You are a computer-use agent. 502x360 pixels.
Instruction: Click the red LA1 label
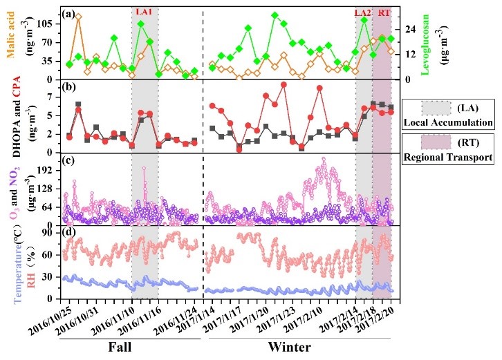coord(145,12)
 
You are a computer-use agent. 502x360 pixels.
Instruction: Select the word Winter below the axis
coord(290,347)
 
